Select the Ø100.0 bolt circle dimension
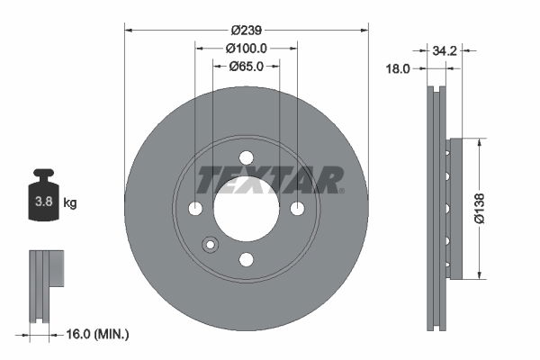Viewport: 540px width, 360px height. pos(246,48)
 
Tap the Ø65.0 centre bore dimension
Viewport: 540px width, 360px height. pos(246,66)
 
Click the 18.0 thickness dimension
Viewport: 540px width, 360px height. pos(398,68)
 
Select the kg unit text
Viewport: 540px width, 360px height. pos(70,203)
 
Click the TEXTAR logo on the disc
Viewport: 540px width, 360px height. pos(270,180)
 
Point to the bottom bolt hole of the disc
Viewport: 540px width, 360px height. pos(247,259)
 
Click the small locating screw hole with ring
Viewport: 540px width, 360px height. pos(211,244)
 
